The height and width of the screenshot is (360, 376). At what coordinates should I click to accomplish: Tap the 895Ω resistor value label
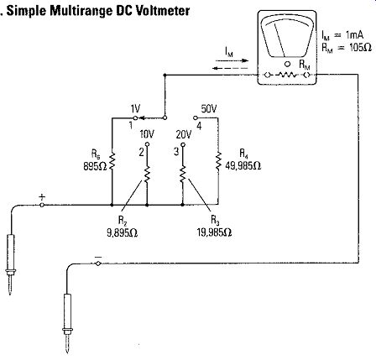coord(95,167)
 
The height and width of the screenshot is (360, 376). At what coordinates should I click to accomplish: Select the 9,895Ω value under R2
coord(123,232)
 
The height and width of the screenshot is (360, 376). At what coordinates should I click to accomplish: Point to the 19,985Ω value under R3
coord(215,232)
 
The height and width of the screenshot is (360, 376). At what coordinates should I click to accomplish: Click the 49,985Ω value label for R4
coord(243,166)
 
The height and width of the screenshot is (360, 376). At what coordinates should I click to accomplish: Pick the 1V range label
coord(135,109)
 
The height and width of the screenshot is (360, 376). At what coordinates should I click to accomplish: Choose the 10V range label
coord(147,135)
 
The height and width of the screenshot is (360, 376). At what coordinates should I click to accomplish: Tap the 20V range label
coord(184,135)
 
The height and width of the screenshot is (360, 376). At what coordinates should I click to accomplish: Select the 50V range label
coord(209,109)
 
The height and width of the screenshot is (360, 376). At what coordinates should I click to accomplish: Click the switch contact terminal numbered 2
coord(147,144)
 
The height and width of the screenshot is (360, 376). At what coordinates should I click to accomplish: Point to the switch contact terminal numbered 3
coord(183,144)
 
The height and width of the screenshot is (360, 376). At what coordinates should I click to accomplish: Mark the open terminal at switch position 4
coord(196,117)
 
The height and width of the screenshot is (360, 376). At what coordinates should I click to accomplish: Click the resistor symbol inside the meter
coord(286,75)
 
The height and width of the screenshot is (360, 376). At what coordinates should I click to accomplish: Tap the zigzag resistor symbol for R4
coord(218,161)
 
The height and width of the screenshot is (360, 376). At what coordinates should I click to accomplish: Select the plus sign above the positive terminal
coord(42,197)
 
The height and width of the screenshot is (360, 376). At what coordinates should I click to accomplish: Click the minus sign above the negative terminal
coord(98,257)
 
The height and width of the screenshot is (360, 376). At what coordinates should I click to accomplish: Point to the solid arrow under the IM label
coord(232,60)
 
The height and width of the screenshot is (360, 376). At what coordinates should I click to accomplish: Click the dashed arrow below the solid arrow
coord(230,68)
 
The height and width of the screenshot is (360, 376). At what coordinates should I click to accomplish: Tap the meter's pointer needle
coord(279,40)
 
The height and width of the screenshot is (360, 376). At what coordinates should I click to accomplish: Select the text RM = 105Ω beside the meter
coord(347,48)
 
